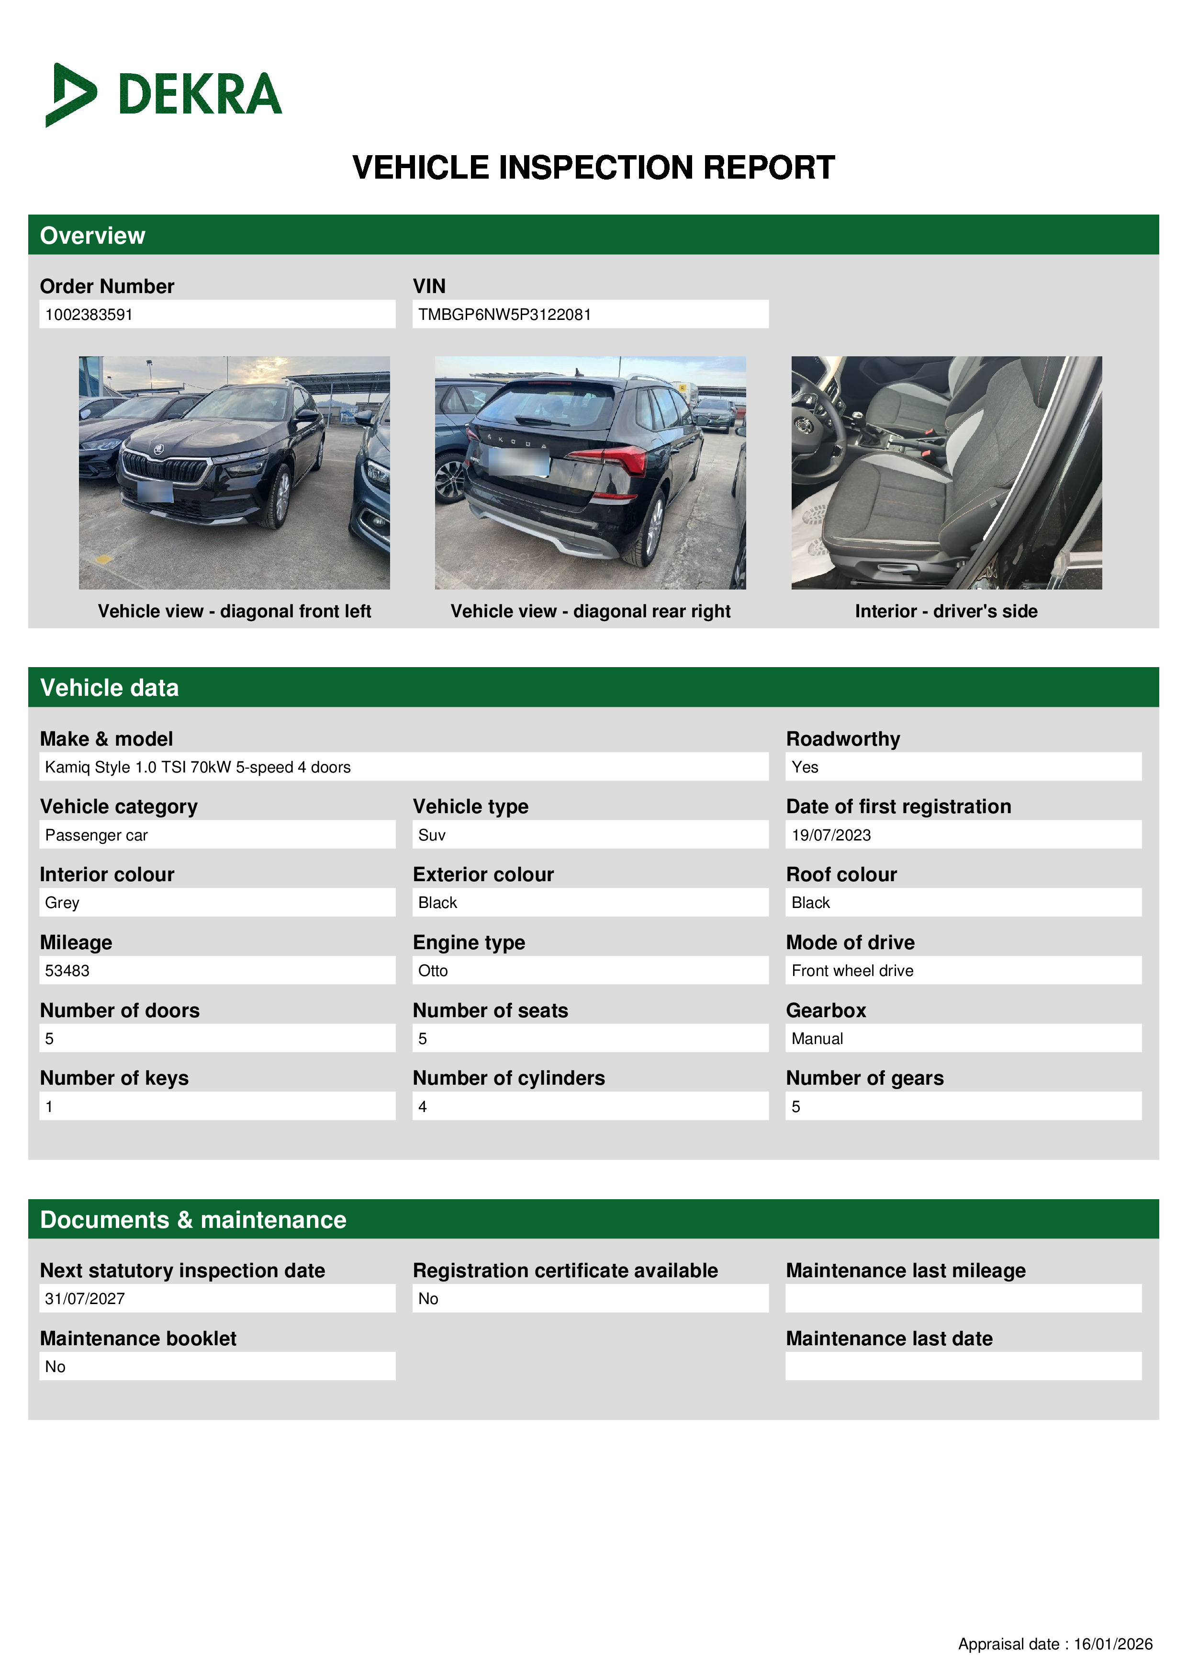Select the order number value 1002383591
click(89, 315)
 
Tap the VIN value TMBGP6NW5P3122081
click(504, 315)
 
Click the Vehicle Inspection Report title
click(593, 168)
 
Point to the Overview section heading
click(93, 236)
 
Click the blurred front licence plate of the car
click(156, 491)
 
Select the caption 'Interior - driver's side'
click(946, 611)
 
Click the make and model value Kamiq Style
click(198, 767)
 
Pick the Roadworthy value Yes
click(805, 767)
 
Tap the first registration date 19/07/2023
click(831, 835)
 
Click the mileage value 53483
click(67, 970)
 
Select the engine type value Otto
click(433, 970)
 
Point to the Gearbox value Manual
click(817, 1038)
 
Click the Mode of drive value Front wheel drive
click(852, 970)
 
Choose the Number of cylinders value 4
click(423, 1106)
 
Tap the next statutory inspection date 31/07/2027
click(85, 1299)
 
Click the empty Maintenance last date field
click(963, 1366)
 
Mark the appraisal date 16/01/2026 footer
click(1054, 1644)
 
